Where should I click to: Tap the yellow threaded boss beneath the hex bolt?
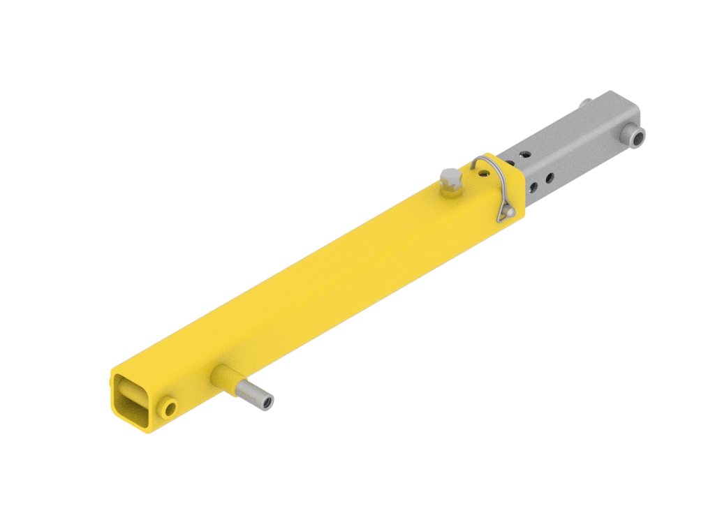[450, 187]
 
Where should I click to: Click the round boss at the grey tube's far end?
[635, 136]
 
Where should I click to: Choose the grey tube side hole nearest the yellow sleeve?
[534, 186]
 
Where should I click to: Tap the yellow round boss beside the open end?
[168, 407]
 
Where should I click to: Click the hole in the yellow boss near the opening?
[168, 408]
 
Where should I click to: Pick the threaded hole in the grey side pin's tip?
[266, 401]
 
